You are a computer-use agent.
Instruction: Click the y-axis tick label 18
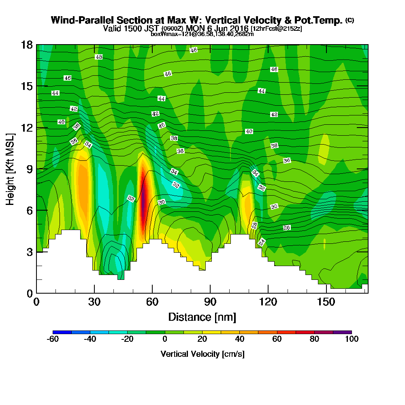tap(27, 45)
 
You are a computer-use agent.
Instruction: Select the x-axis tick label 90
tap(210, 302)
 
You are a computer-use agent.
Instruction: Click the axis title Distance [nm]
tap(202, 317)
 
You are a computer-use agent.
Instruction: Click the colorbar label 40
tap(240, 339)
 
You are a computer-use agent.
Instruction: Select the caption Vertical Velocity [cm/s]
tap(202, 354)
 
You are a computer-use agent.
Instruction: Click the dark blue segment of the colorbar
tap(62, 332)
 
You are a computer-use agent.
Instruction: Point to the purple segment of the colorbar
tap(342, 332)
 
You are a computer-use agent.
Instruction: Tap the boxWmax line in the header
tap(202, 34)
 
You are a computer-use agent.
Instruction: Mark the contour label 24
tap(262, 242)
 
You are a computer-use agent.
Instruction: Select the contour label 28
tap(254, 225)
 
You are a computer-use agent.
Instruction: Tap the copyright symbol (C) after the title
tap(350, 20)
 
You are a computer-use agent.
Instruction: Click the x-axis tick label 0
tap(36, 302)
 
